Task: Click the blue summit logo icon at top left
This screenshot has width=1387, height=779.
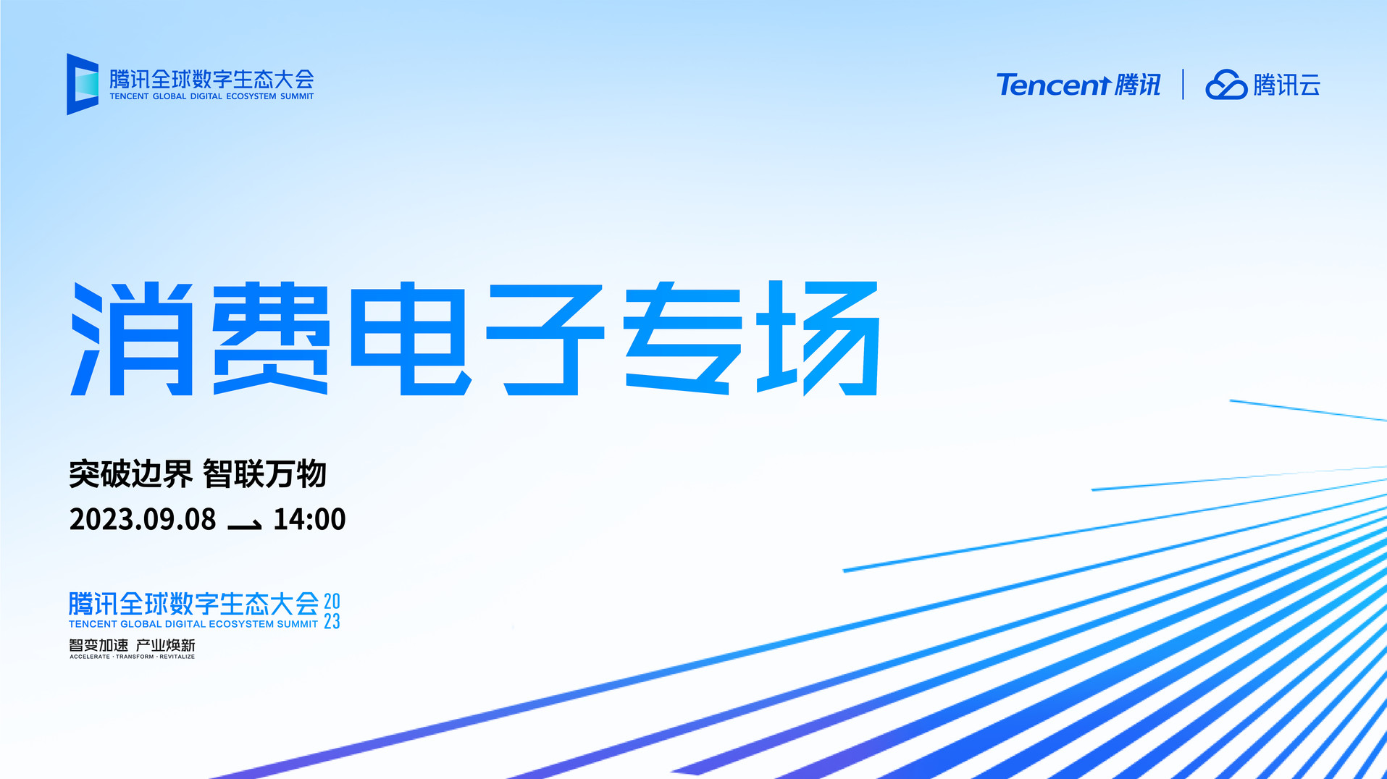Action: (x=83, y=84)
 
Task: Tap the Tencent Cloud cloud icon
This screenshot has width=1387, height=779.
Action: (x=1226, y=85)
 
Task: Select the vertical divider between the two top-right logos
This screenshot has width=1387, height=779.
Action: (x=1183, y=84)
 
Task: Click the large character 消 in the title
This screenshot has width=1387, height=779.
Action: (x=132, y=339)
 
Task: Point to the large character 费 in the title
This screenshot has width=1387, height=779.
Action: (x=271, y=338)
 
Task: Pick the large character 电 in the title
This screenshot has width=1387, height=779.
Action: (x=411, y=338)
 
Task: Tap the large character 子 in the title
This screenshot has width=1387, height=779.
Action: (x=545, y=339)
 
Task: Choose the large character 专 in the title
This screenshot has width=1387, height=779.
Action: (x=683, y=338)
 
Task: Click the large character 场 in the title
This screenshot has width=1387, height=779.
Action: (x=818, y=338)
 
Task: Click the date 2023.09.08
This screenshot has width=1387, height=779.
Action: (x=143, y=519)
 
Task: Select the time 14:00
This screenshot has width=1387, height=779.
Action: (x=309, y=519)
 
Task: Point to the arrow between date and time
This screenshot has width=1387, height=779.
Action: (x=245, y=525)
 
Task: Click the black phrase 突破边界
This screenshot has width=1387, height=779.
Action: (x=131, y=474)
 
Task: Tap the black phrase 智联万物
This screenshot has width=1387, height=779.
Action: (x=264, y=474)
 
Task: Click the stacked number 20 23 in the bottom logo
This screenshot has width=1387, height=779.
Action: (x=332, y=611)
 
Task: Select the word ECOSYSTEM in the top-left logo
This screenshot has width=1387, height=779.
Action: (x=251, y=96)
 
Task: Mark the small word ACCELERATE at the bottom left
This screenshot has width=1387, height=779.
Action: (x=90, y=657)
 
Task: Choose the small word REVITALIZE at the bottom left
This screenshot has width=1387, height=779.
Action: (x=177, y=657)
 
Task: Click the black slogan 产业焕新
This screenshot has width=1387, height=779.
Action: (x=166, y=645)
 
